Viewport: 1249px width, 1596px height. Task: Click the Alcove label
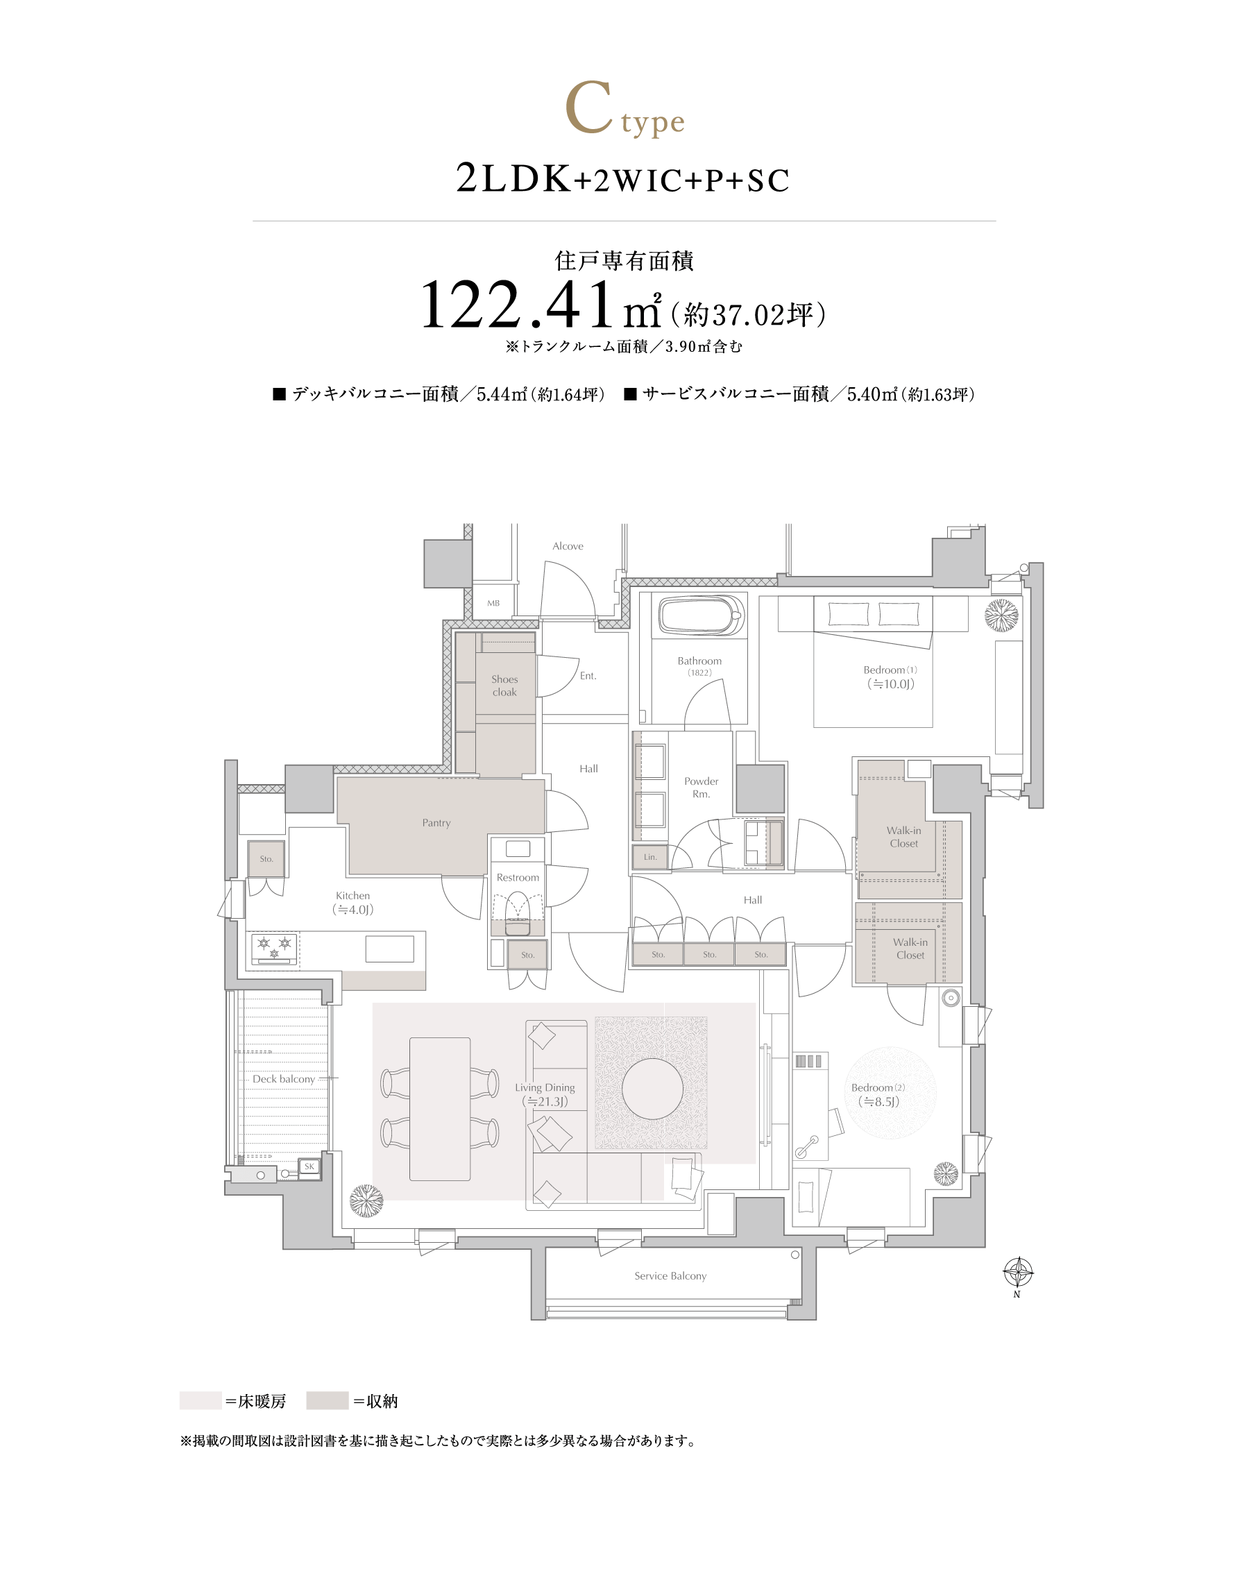tap(568, 546)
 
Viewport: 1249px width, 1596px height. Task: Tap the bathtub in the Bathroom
tap(702, 616)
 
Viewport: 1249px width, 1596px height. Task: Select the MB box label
tap(493, 603)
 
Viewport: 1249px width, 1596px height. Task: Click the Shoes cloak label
tap(504, 686)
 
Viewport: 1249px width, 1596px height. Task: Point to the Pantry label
tap(436, 822)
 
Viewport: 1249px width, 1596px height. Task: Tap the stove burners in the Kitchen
tap(274, 949)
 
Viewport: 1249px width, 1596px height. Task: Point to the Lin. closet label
tap(650, 857)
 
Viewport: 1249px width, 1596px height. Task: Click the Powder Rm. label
tap(702, 788)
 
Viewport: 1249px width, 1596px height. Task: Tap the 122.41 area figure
tap(517, 305)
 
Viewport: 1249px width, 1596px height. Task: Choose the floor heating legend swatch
tap(201, 1401)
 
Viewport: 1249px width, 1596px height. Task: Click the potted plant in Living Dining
tap(366, 1200)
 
